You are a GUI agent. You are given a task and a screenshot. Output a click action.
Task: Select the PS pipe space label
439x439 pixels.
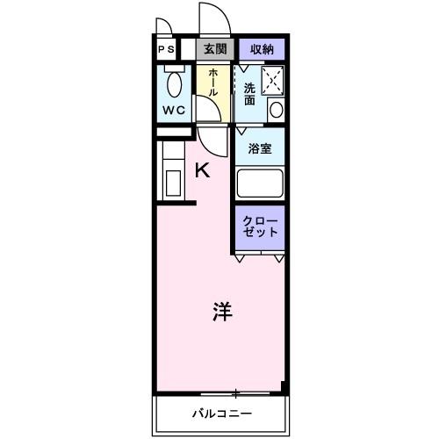click(x=166, y=50)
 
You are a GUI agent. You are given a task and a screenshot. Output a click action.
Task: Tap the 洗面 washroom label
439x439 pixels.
click(x=249, y=93)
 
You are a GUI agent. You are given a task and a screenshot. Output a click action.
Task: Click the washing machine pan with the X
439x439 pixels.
click(x=272, y=80)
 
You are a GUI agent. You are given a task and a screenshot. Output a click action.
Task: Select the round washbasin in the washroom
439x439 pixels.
click(x=276, y=109)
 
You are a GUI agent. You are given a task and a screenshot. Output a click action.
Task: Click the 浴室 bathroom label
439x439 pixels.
click(x=259, y=148)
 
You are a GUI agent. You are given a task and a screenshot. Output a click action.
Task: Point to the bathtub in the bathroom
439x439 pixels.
click(x=259, y=184)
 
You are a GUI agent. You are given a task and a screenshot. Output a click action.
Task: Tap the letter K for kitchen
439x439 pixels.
click(x=202, y=170)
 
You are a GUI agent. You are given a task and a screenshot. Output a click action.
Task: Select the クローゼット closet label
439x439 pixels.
click(x=261, y=226)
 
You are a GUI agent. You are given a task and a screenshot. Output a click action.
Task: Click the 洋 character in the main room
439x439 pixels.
click(x=221, y=311)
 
